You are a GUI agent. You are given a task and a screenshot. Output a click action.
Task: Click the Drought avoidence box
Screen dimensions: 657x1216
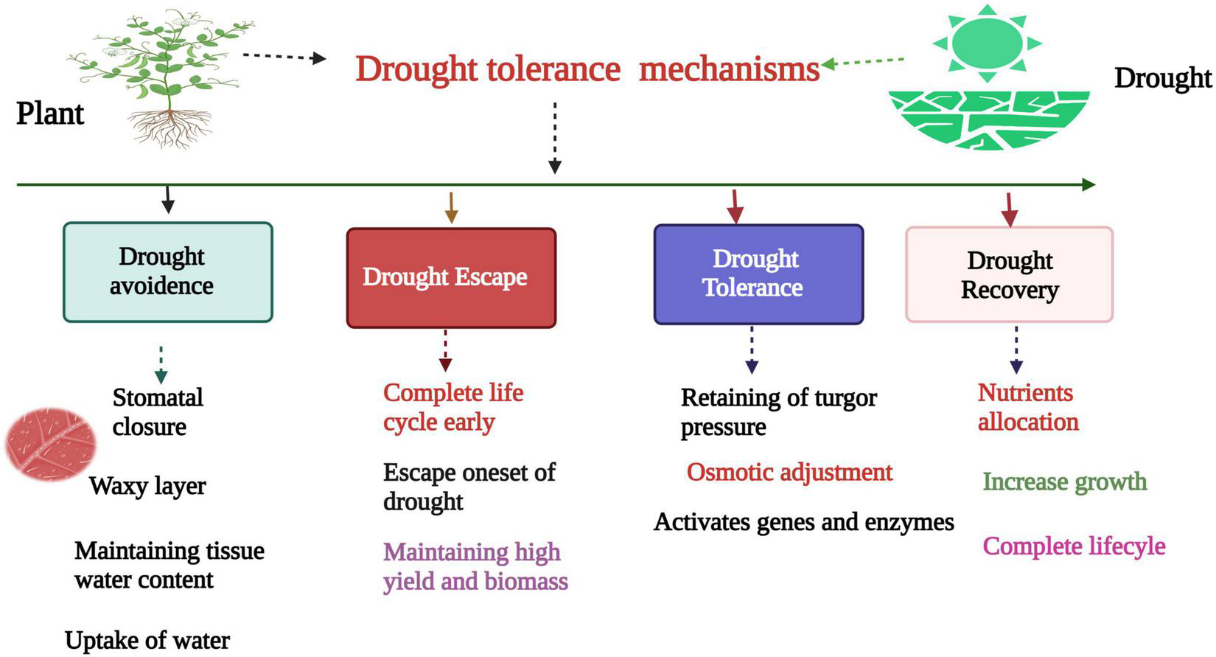coord(167,271)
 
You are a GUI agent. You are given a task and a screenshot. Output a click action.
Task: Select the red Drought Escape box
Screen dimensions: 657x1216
coord(450,277)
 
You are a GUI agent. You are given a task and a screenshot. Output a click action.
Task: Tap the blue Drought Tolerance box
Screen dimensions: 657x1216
coord(758,274)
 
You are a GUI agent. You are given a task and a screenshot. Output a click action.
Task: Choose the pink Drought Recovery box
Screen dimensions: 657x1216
coord(1008,274)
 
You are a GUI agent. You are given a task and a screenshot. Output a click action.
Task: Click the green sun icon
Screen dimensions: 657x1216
coord(987,42)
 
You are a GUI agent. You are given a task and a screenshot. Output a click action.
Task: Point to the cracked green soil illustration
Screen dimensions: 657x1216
coord(988,118)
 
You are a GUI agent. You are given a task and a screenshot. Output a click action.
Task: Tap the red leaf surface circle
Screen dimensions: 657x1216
coord(50,445)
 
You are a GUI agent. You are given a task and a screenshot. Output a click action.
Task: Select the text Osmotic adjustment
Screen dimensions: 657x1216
coord(789,472)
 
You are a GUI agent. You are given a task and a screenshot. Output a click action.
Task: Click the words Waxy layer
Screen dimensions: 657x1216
coord(147,486)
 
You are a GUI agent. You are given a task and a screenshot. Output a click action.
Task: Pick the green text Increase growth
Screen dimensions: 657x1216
coord(1064,482)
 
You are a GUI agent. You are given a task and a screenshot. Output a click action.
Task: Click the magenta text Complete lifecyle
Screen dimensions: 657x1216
coord(1074,546)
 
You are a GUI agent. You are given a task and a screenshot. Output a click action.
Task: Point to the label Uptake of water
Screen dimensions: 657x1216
coord(147,640)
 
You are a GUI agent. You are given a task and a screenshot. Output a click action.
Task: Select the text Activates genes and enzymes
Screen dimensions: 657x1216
coord(803,522)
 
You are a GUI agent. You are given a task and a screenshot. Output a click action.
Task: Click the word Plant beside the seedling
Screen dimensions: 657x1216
coord(50,114)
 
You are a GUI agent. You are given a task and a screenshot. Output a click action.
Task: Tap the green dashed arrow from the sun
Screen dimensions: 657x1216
coord(862,63)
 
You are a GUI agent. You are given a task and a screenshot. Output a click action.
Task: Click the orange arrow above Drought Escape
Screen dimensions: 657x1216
coord(451,207)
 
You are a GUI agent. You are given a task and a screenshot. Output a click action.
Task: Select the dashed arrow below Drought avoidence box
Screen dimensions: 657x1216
coord(161,364)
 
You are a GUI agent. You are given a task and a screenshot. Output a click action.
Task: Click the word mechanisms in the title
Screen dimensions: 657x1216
coord(728,69)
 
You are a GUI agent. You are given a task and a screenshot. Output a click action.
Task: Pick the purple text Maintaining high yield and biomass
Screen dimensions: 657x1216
coord(475,566)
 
